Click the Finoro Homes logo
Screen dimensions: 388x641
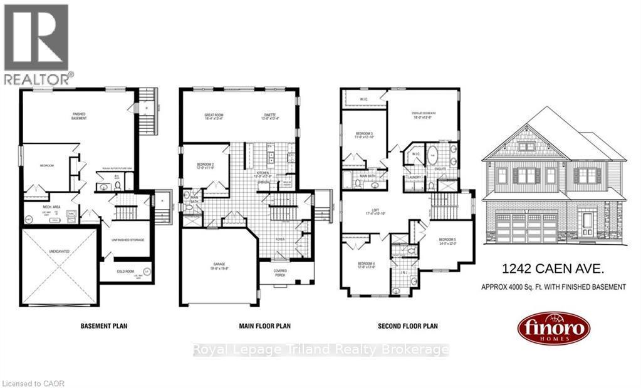553,328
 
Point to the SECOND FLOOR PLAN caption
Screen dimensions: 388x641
407,326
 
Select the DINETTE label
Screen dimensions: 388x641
269,116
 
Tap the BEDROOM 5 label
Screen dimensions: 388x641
447,241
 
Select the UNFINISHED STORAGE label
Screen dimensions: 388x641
128,240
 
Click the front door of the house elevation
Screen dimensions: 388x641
588,223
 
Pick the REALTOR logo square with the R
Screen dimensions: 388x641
36,38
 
